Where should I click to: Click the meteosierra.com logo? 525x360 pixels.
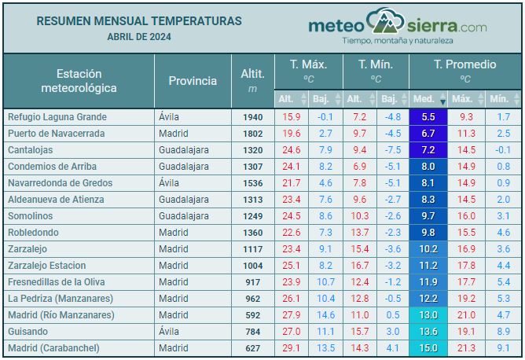pos(397,25)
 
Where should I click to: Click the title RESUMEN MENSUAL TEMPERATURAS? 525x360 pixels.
pos(139,21)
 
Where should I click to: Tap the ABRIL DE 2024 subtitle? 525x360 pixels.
pos(139,36)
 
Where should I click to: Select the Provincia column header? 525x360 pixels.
pos(193,80)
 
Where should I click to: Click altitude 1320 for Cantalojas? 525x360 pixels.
pos(252,150)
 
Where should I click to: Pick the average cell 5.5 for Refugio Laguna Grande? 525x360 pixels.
pos(428,117)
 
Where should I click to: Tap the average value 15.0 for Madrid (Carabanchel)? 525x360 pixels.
pos(428,348)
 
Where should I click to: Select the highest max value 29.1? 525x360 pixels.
pos(291,348)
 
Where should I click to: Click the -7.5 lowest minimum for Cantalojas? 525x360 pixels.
pos(392,150)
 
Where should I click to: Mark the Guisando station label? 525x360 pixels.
pos(28,332)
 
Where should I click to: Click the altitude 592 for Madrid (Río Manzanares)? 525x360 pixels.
pos(252,315)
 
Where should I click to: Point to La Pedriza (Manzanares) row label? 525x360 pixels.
pos(61,299)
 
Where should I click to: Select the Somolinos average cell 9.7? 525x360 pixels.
pos(428,216)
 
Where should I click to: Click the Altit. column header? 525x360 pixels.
pos(252,80)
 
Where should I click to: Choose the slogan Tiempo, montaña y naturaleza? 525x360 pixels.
pos(397,40)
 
